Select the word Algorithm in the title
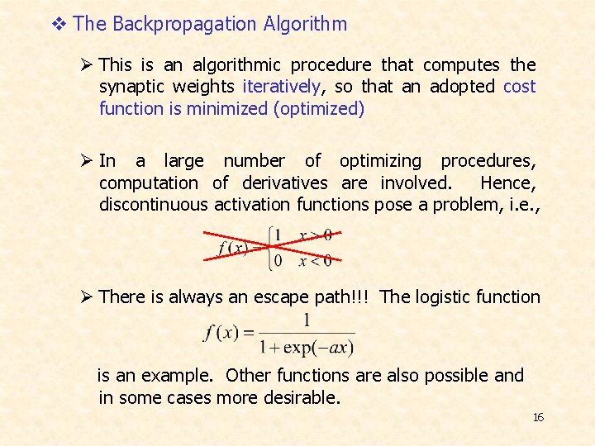tap(306, 24)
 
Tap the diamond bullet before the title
tap(58, 24)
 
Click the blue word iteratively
tap(281, 87)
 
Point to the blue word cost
tap(519, 87)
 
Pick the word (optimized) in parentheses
tap(318, 108)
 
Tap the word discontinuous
tap(153, 204)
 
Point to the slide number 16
tap(538, 417)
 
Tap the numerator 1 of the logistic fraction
tap(307, 320)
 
